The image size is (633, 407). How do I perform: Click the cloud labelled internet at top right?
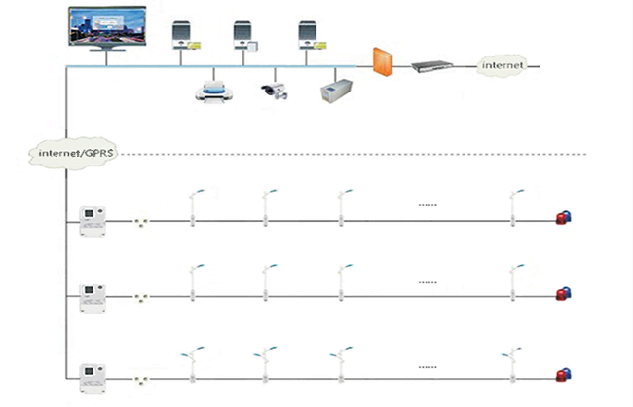(x=503, y=65)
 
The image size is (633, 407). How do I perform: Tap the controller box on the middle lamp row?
(x=93, y=293)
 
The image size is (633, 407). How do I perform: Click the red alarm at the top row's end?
(x=562, y=218)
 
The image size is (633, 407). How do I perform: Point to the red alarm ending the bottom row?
(x=562, y=375)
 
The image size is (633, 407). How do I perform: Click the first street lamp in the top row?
(x=194, y=207)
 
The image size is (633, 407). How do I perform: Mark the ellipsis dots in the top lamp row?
(x=427, y=205)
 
